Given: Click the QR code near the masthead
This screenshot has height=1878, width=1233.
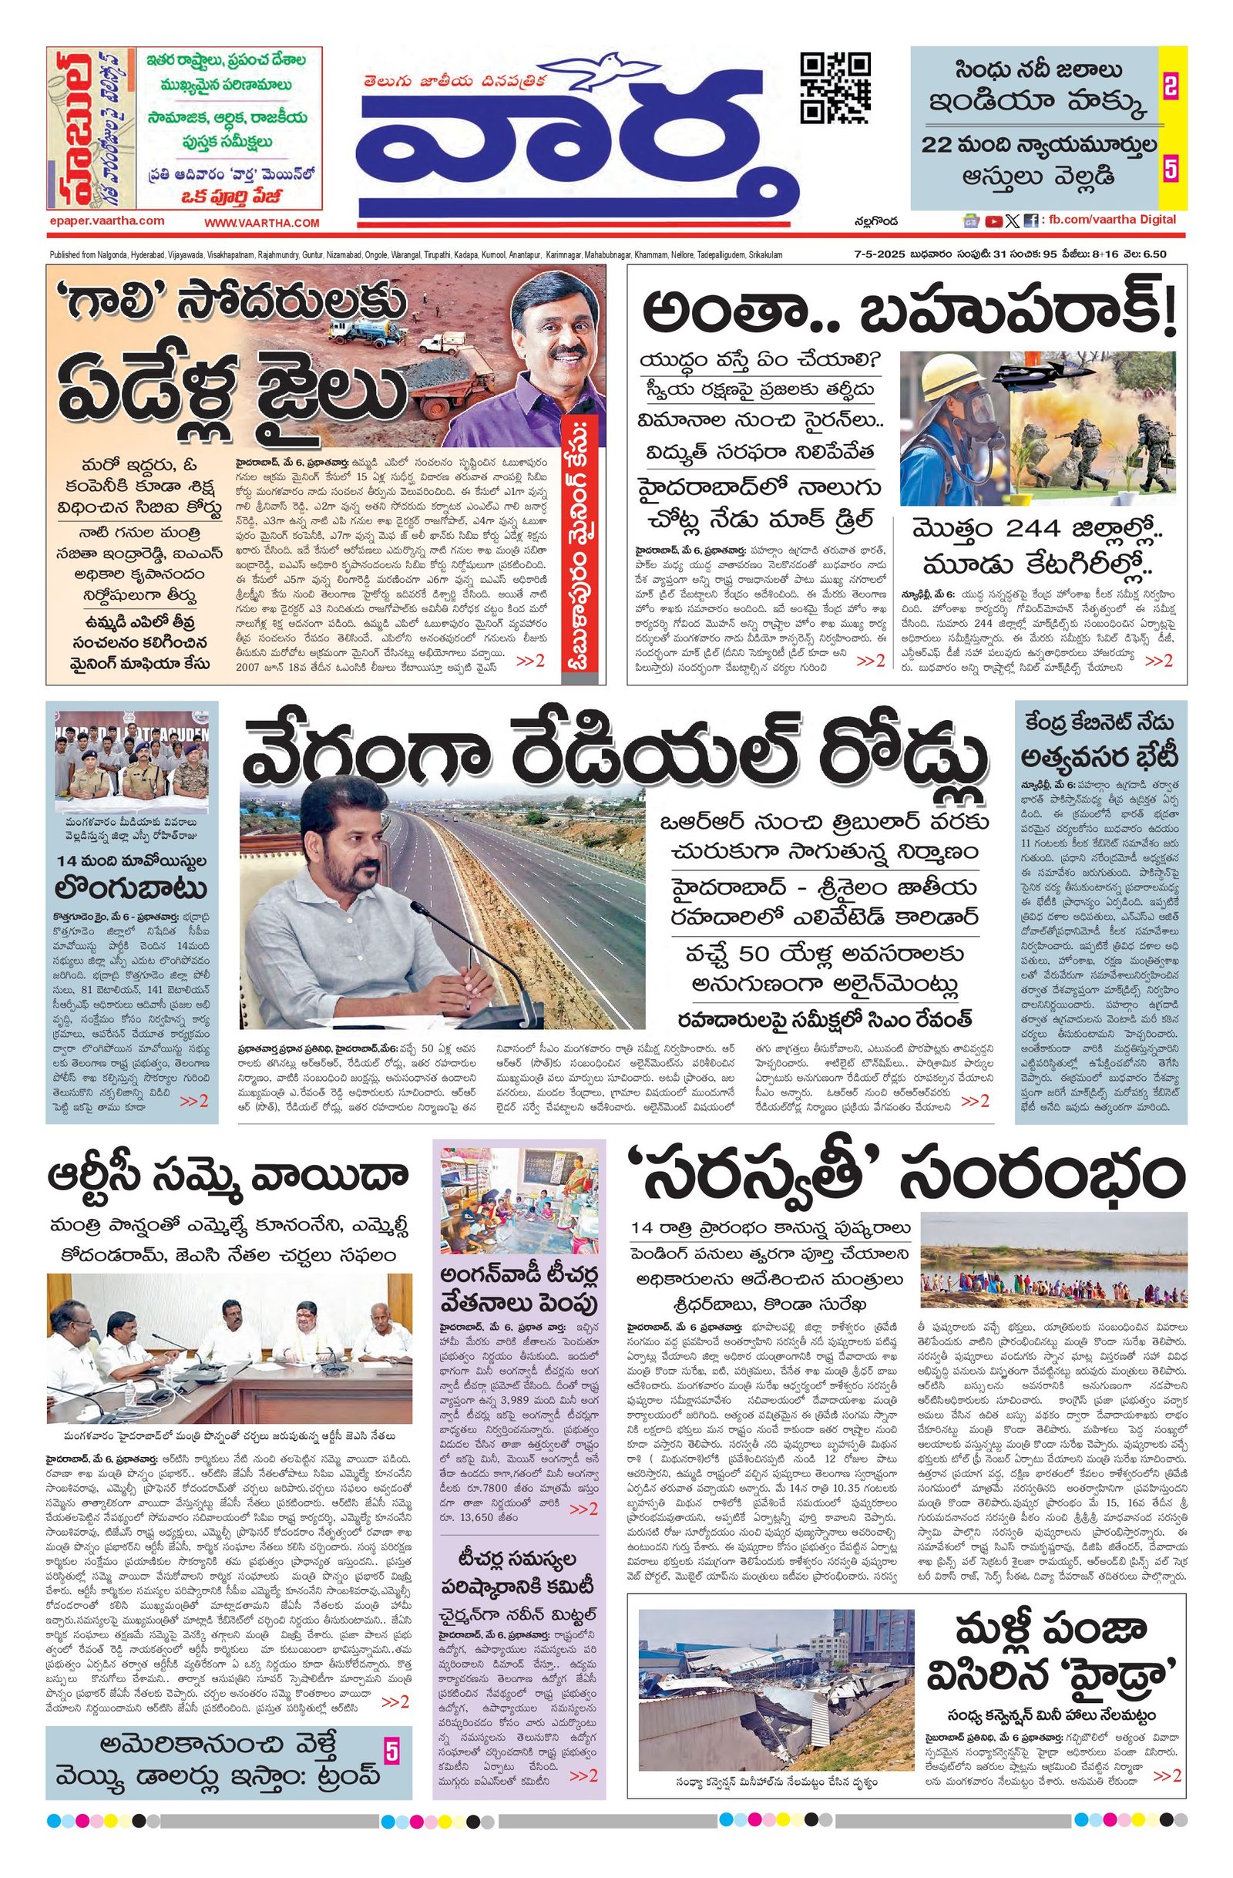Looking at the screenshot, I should tap(835, 88).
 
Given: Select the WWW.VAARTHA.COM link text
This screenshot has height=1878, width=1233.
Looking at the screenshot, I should tap(261, 224).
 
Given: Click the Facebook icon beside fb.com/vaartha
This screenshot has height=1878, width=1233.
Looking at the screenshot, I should tap(1030, 222).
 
